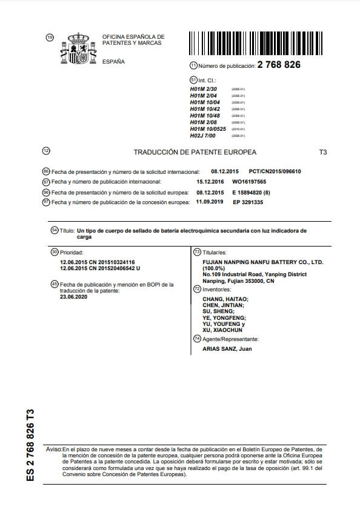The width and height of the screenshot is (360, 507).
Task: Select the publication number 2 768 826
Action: (279, 65)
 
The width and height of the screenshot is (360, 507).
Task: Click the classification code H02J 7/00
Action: (202, 136)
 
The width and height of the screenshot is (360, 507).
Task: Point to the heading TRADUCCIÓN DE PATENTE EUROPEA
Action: (195, 152)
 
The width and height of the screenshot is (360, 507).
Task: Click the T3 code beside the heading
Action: (322, 152)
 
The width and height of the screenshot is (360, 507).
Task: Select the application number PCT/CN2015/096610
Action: (275, 171)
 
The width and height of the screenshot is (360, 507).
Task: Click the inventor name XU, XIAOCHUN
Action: (224, 331)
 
